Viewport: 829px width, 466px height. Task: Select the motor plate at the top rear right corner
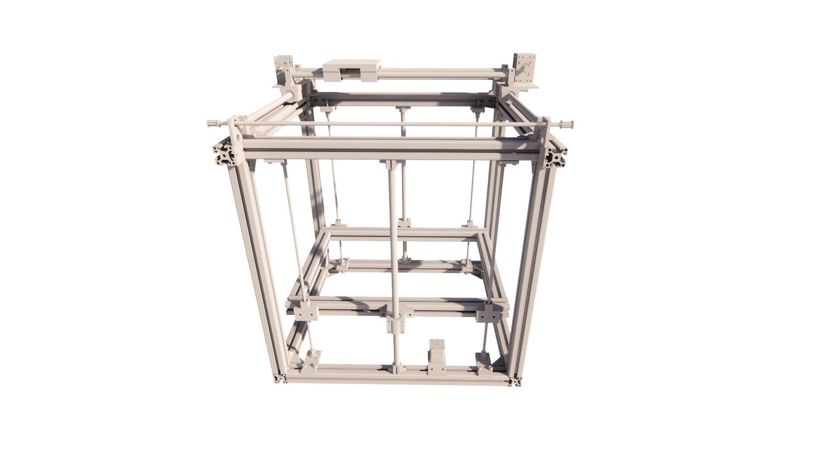(524, 69)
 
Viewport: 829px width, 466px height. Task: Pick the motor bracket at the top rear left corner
(284, 69)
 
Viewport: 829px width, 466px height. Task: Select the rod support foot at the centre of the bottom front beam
(397, 368)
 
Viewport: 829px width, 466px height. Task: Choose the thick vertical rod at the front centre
(394, 242)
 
